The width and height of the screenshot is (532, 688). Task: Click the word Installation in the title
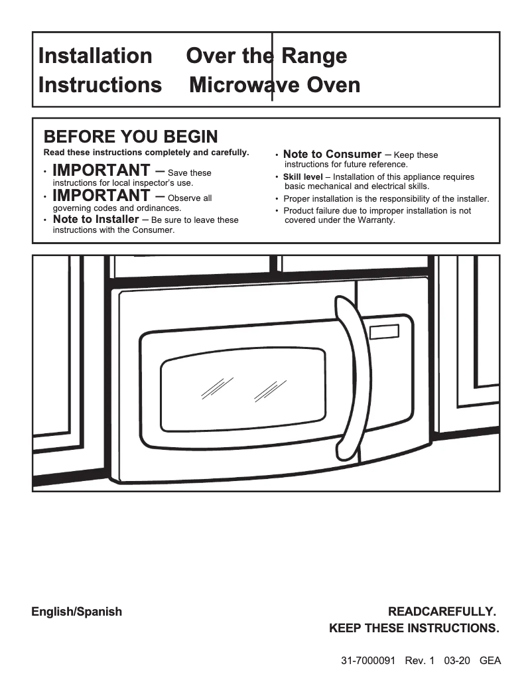click(95, 56)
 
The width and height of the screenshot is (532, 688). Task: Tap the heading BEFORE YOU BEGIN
click(131, 137)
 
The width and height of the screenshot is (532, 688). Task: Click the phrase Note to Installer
click(96, 220)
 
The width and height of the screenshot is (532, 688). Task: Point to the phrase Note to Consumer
click(332, 154)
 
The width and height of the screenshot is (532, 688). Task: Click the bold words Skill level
click(302, 177)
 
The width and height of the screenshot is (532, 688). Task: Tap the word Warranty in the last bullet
click(375, 220)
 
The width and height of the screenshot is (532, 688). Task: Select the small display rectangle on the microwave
click(385, 332)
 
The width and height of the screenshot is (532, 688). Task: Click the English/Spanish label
click(77, 612)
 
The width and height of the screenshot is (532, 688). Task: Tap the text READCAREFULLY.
click(442, 612)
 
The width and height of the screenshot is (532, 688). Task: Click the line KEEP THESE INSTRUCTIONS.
click(414, 628)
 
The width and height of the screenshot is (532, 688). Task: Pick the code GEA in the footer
click(490, 661)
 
